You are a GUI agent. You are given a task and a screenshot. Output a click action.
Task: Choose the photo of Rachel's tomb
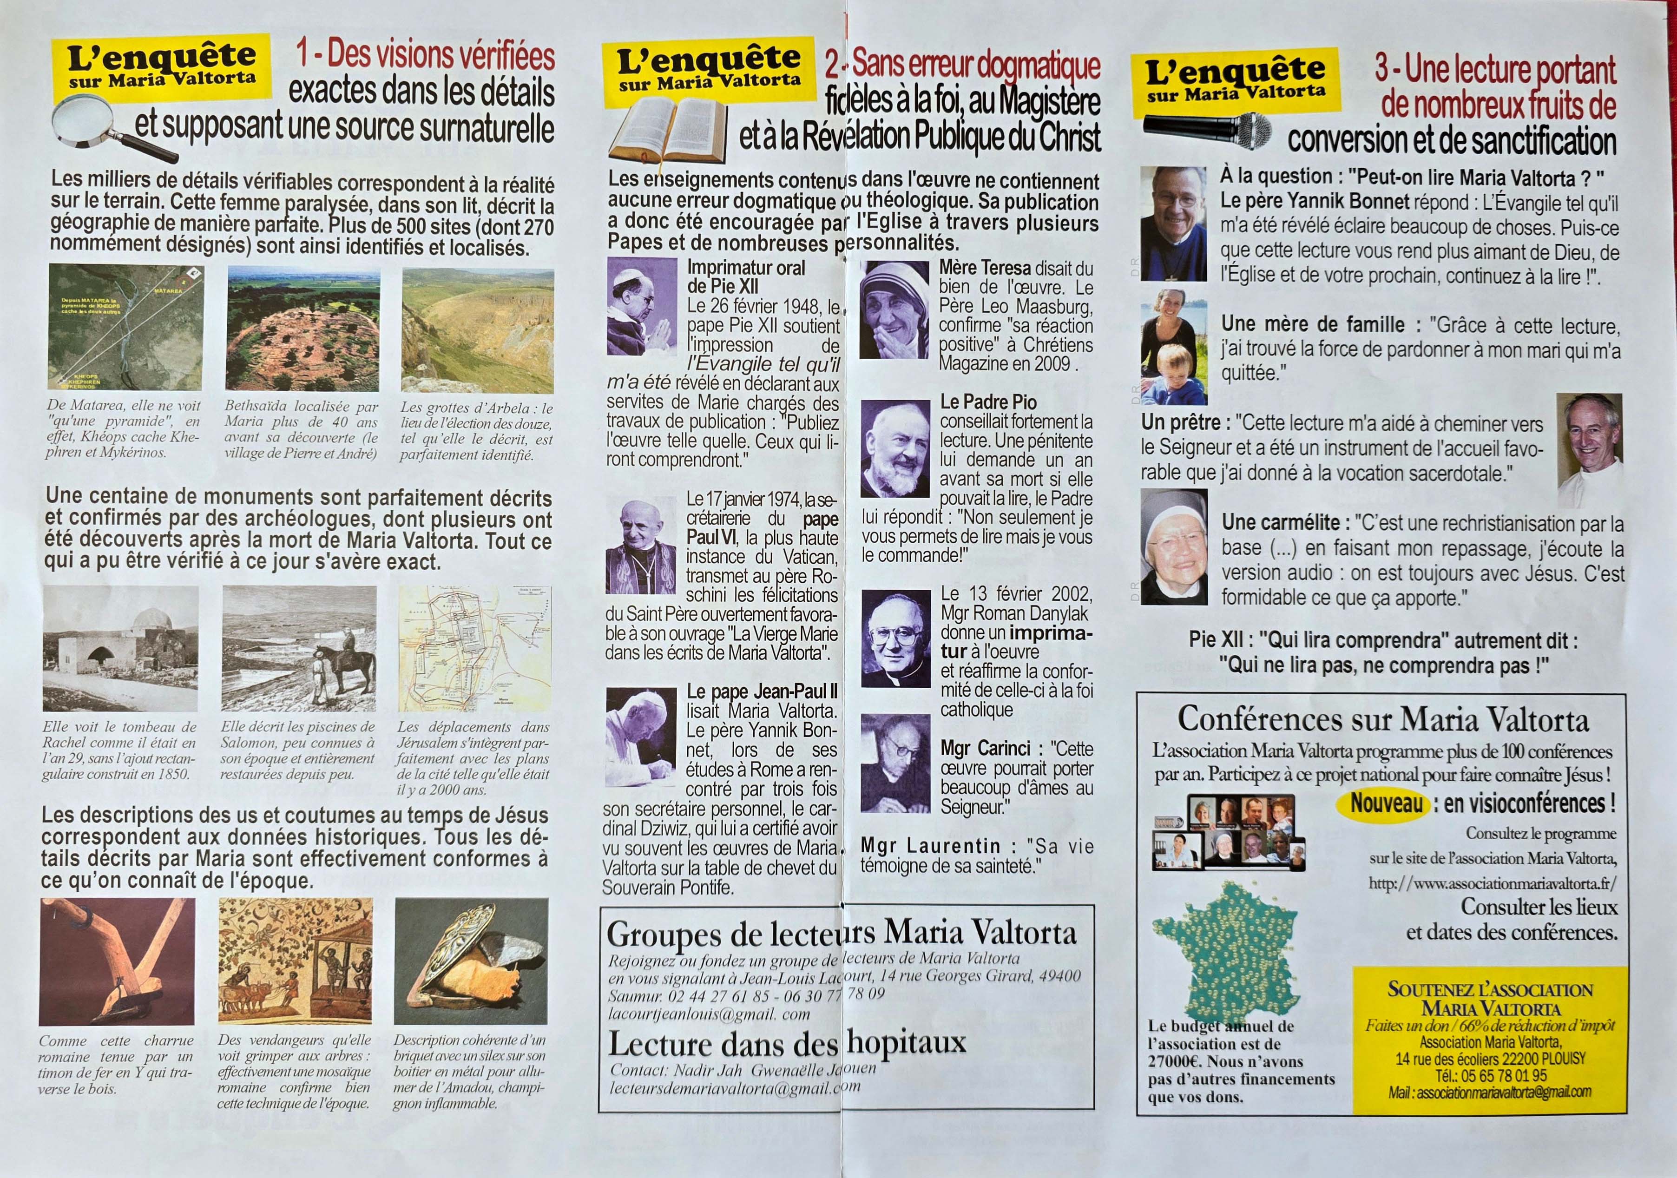(120, 649)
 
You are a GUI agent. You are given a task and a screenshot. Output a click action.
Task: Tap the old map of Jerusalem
(475, 649)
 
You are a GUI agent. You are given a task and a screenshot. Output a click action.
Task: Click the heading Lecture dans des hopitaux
(787, 1043)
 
